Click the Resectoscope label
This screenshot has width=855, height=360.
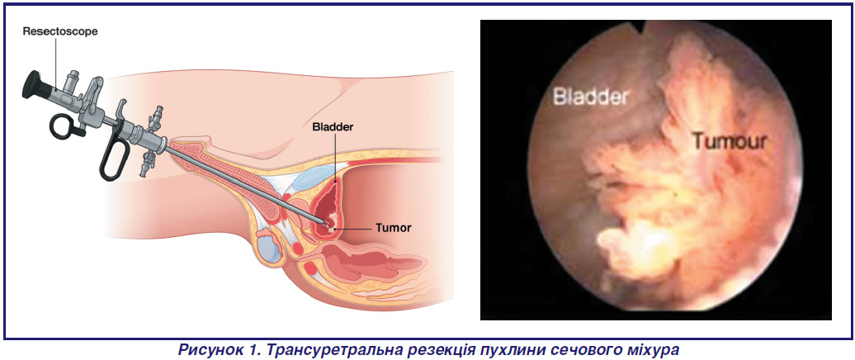click(60, 31)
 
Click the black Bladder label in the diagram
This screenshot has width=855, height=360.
click(333, 128)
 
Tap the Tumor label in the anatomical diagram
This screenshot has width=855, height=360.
click(393, 228)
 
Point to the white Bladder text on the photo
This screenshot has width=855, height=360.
click(591, 97)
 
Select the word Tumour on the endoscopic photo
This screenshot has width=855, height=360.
click(730, 142)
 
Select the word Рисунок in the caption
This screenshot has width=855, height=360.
click(210, 349)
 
